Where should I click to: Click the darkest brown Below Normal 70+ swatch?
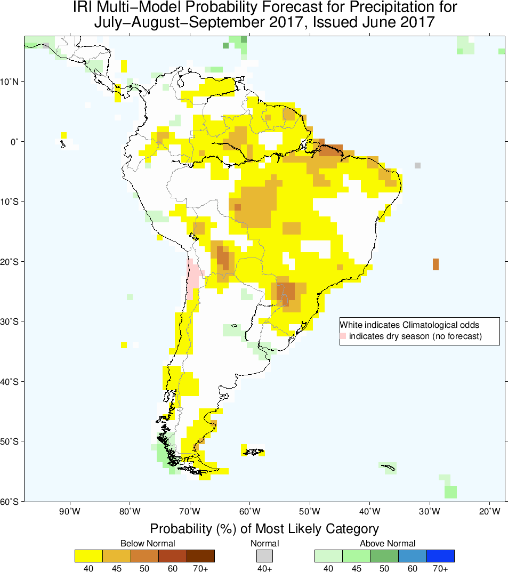[200, 556]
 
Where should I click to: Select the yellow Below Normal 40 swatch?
[89, 556]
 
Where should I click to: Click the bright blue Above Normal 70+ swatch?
[440, 556]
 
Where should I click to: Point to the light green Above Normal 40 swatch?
[329, 556]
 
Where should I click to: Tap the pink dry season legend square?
[343, 336]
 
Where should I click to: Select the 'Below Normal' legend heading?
[147, 544]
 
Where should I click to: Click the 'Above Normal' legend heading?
[388, 544]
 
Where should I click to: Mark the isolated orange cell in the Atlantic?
[436, 264]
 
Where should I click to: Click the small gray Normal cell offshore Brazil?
[417, 165]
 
